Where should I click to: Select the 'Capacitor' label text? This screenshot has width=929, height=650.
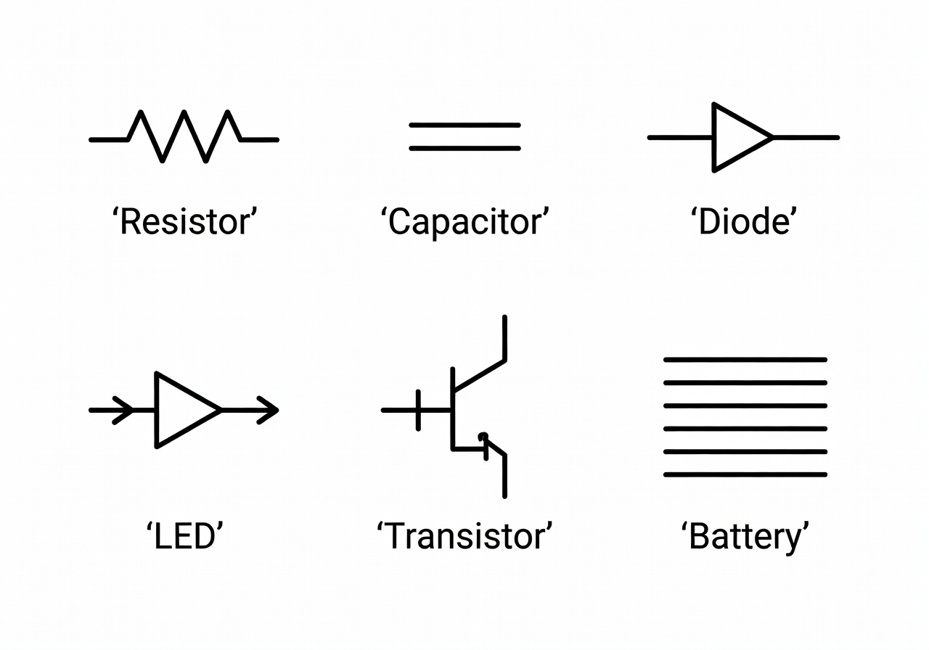point(464,222)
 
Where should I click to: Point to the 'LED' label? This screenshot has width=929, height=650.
point(184,537)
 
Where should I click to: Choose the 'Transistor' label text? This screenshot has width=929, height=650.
point(464,537)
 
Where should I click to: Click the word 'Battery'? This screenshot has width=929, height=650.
point(745,538)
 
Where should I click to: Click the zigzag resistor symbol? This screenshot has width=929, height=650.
point(184,136)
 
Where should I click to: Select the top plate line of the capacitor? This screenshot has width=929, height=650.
point(464,126)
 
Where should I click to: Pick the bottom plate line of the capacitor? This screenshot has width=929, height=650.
point(464,149)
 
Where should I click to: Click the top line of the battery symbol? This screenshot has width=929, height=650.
point(745,359)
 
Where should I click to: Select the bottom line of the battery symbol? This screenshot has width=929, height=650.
point(745,475)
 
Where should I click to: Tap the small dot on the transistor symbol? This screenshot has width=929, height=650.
point(482,436)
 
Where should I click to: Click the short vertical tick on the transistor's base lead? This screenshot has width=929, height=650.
point(418,410)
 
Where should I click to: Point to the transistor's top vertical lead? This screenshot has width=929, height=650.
point(504,337)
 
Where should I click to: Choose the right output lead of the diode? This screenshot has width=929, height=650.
point(806,137)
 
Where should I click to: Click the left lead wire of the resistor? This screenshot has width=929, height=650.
point(109,139)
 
